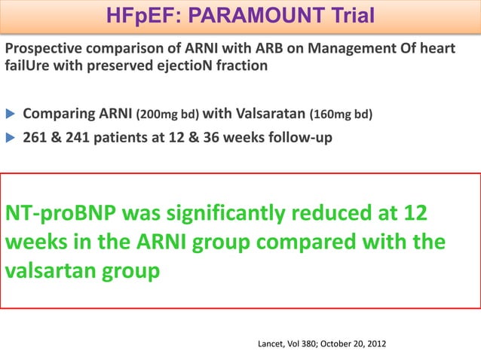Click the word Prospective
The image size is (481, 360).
pyautogui.click(x=44, y=49)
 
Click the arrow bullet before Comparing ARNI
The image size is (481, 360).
pyautogui.click(x=11, y=114)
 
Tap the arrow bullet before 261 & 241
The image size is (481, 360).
pyautogui.click(x=11, y=139)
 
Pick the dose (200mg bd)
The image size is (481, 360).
pyautogui.click(x=167, y=115)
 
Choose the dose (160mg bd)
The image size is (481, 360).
pyautogui.click(x=341, y=115)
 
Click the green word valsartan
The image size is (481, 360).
pyautogui.click(x=50, y=272)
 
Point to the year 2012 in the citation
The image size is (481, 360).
pyautogui.click(x=375, y=344)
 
